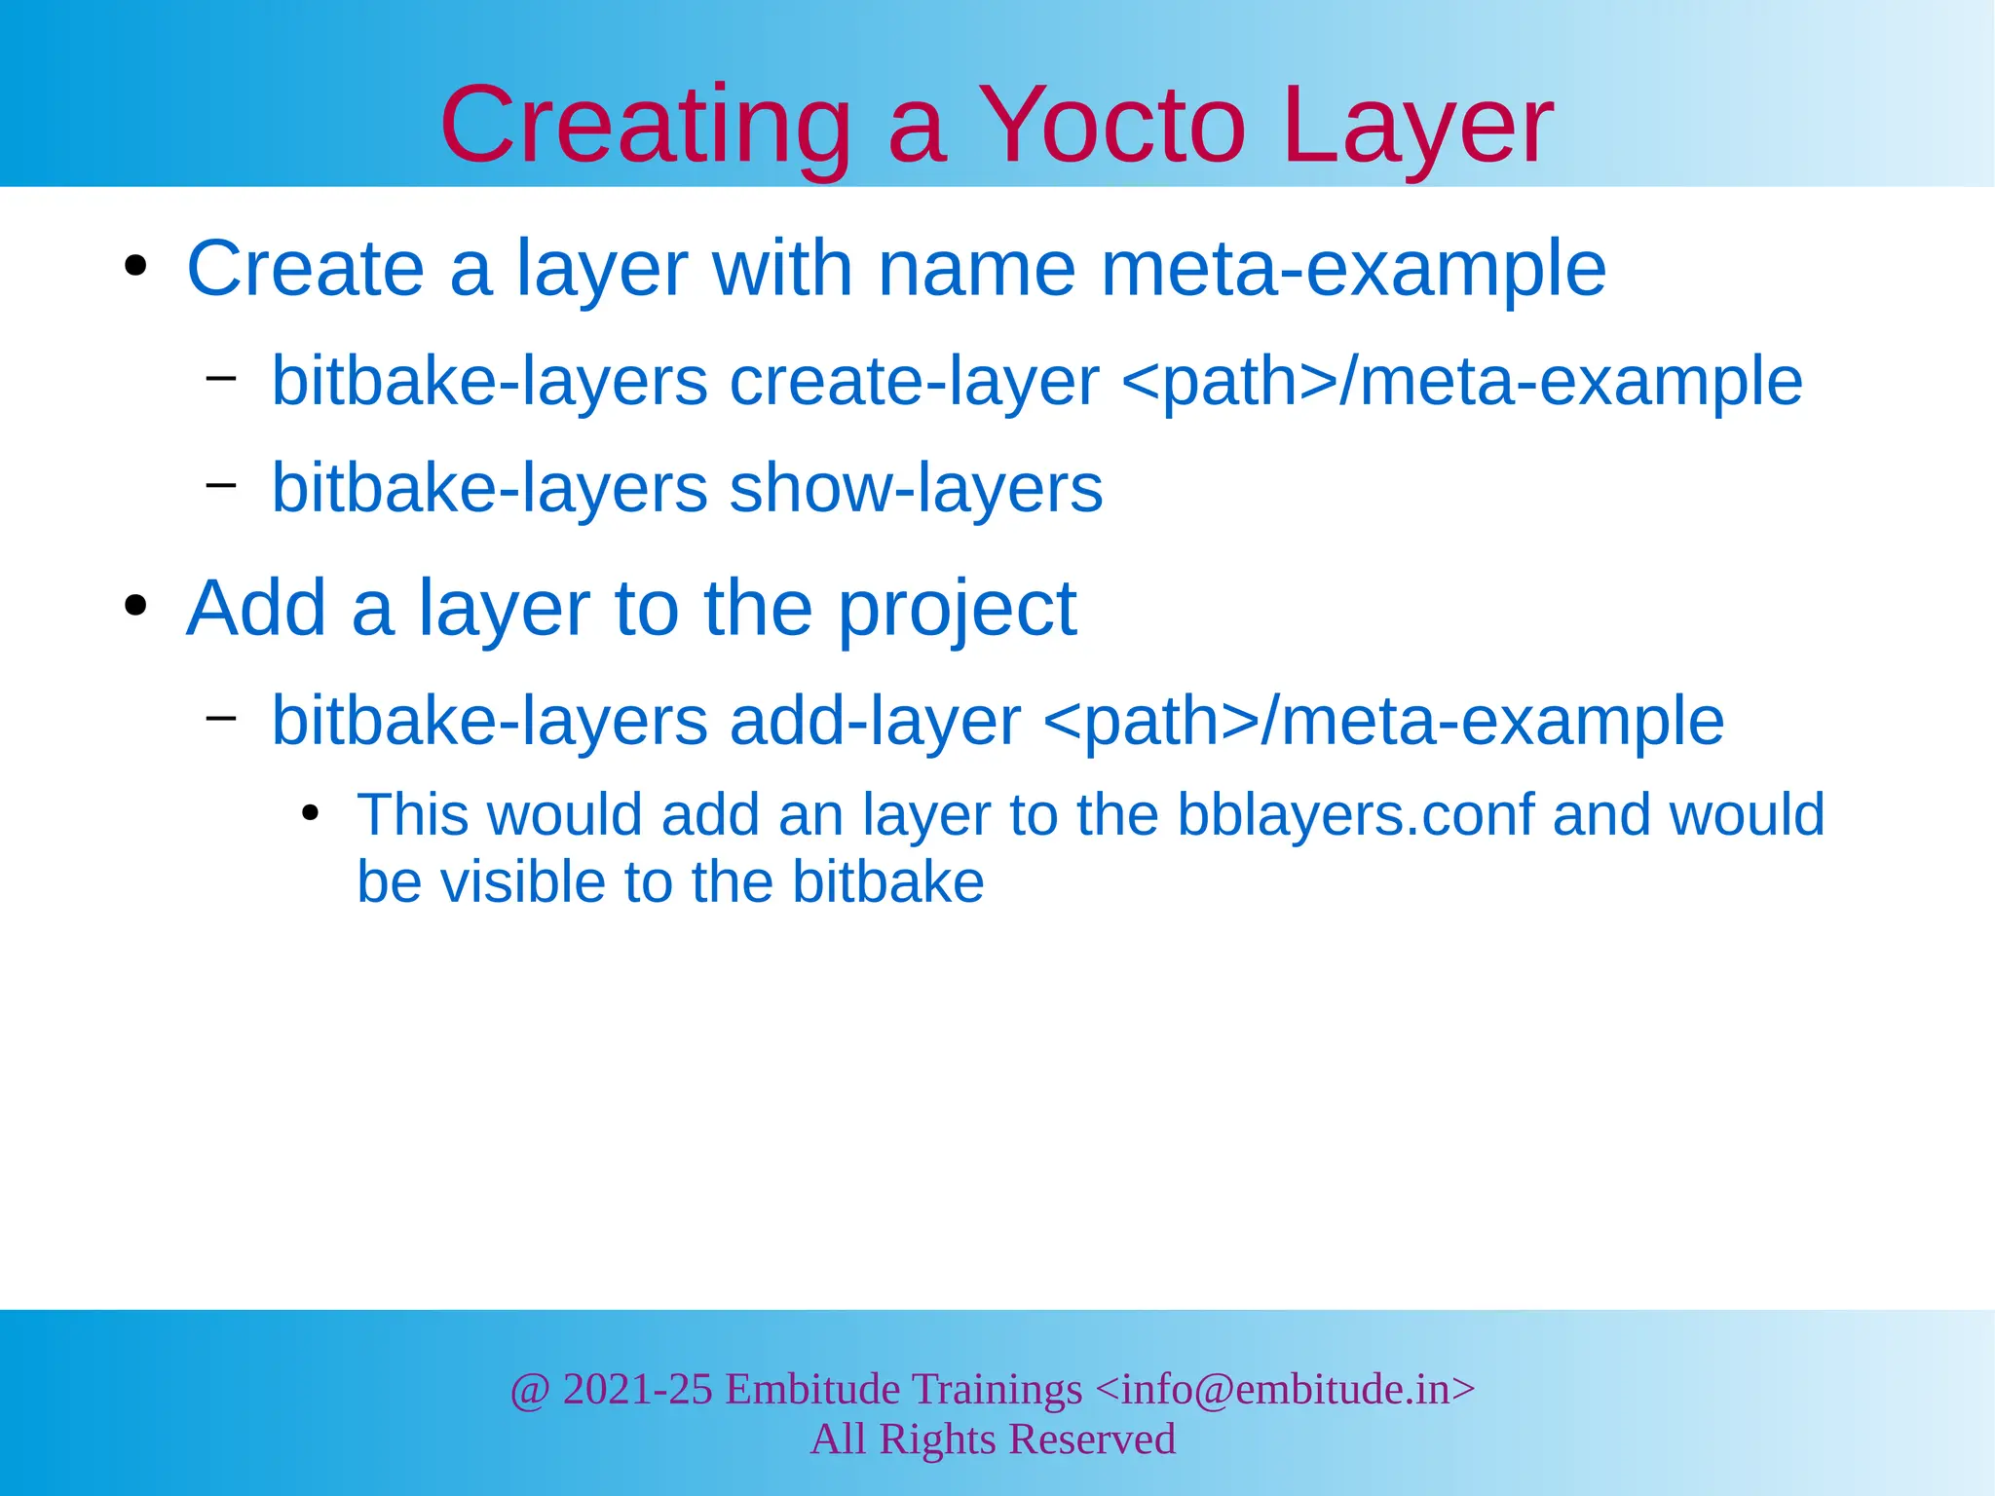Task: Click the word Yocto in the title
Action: click(1111, 127)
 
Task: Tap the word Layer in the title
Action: click(1417, 127)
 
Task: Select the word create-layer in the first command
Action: click(914, 381)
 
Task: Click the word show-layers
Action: click(916, 488)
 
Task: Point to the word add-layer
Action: click(875, 722)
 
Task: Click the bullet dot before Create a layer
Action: click(135, 267)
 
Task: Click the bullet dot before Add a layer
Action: click(135, 607)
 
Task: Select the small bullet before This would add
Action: click(310, 813)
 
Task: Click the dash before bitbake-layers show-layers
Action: click(221, 482)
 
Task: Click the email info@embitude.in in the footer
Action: click(1285, 1389)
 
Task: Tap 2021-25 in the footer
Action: click(637, 1389)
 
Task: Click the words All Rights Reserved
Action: click(993, 1440)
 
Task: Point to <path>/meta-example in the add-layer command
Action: click(1383, 722)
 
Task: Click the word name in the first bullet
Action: click(976, 269)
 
